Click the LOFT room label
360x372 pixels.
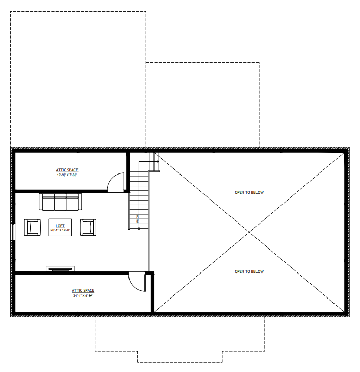pos(60,225)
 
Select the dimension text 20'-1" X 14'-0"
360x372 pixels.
pos(60,230)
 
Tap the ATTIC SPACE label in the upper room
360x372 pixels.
pos(67,170)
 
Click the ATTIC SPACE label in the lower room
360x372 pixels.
pos(83,290)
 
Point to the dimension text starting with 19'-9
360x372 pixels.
pos(67,175)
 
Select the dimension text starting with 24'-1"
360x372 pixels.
pos(83,295)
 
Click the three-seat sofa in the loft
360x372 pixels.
pos(59,202)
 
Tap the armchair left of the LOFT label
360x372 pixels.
pos(33,227)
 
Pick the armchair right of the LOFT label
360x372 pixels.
pos(88,227)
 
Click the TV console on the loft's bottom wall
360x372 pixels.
pos(61,268)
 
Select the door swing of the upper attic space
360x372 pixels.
pos(117,182)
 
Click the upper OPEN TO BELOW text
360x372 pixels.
pos(249,193)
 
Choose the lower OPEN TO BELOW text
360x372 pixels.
pos(249,271)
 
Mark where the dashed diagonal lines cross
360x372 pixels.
pos(250,232)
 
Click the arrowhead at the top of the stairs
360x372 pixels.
pos(158,162)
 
